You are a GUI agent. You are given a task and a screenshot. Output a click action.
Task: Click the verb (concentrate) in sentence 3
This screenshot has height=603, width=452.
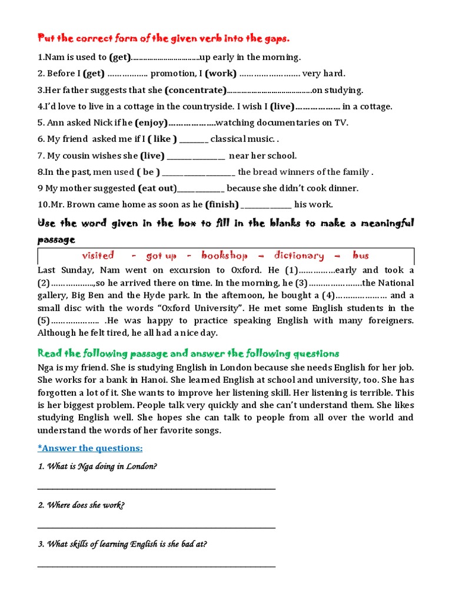pyautogui.click(x=195, y=90)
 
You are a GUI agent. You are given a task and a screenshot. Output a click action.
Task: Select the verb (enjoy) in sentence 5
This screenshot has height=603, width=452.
pyautogui.click(x=151, y=123)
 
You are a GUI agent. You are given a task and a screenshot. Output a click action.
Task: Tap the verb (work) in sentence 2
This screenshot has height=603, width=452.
pyautogui.click(x=221, y=74)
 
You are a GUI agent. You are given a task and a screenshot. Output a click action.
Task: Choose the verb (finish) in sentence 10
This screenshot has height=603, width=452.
pyautogui.click(x=222, y=205)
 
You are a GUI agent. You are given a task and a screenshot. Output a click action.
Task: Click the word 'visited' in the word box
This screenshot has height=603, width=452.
pyautogui.click(x=98, y=256)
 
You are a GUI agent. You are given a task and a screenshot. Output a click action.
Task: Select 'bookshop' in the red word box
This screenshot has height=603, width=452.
pyautogui.click(x=224, y=256)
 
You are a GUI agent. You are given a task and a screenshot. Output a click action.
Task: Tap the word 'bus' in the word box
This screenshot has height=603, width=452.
pyautogui.click(x=361, y=256)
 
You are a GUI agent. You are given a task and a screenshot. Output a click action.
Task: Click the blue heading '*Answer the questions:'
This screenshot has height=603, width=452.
pyautogui.click(x=90, y=448)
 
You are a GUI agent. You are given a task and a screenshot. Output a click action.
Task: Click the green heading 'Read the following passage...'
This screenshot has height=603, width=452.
pyautogui.click(x=188, y=353)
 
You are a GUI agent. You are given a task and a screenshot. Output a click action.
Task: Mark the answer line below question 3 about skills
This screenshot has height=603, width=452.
pyautogui.click(x=156, y=566)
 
